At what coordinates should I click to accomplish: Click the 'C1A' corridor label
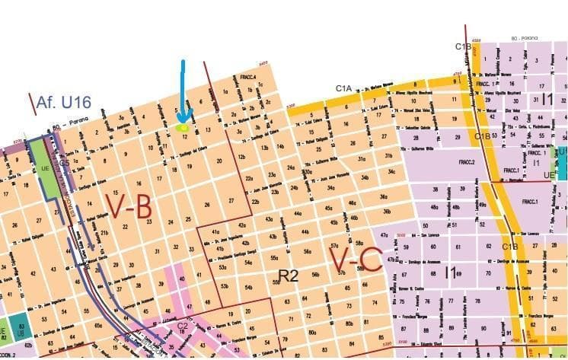[344, 89]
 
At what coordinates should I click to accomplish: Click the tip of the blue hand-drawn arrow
[183, 120]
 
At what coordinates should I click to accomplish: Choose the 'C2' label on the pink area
[183, 325]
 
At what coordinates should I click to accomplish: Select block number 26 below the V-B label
[206, 205]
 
